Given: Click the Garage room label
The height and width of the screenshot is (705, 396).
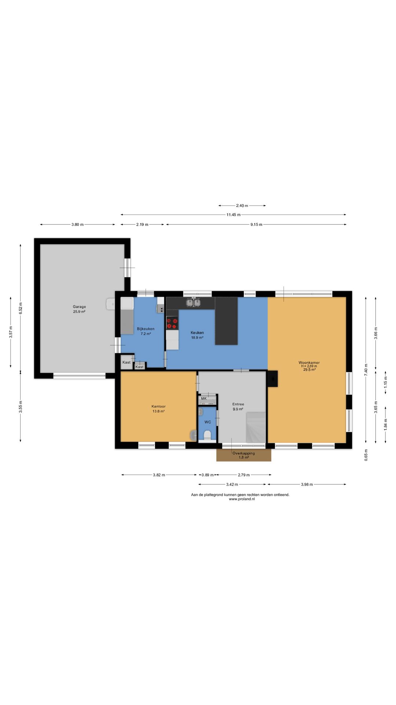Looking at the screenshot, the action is (79, 307).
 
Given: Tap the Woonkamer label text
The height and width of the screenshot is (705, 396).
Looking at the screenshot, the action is (309, 362).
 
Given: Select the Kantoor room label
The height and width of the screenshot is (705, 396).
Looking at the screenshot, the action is (158, 406).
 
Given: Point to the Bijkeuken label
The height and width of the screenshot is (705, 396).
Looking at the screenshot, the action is (146, 329).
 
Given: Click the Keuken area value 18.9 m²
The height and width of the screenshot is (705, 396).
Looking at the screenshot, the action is (197, 337).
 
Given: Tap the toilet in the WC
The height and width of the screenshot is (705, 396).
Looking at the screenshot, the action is (207, 435).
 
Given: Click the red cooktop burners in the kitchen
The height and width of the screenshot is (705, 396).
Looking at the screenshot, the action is (172, 323).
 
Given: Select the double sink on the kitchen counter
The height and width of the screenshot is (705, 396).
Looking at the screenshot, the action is (193, 303).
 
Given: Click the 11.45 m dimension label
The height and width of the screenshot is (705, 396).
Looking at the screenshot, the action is (233, 215).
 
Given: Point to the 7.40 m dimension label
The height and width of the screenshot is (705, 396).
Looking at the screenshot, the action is (366, 369).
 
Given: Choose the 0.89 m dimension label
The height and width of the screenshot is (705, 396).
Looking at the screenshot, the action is (207, 475).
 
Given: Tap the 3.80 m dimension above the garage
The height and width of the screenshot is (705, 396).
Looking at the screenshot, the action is (77, 224).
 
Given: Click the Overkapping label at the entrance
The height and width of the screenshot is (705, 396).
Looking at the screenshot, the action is (243, 453).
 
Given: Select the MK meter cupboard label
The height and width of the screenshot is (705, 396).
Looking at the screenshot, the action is (204, 398).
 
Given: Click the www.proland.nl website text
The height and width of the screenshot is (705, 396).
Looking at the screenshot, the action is (242, 499).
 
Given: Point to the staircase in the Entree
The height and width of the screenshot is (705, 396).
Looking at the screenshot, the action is (256, 427).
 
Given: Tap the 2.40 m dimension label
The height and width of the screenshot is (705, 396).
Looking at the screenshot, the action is (242, 206).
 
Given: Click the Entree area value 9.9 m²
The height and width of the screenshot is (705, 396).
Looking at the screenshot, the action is (238, 409).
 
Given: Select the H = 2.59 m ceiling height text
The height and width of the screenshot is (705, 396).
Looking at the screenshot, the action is (309, 366).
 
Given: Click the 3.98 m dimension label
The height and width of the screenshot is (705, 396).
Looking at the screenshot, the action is (307, 484).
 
